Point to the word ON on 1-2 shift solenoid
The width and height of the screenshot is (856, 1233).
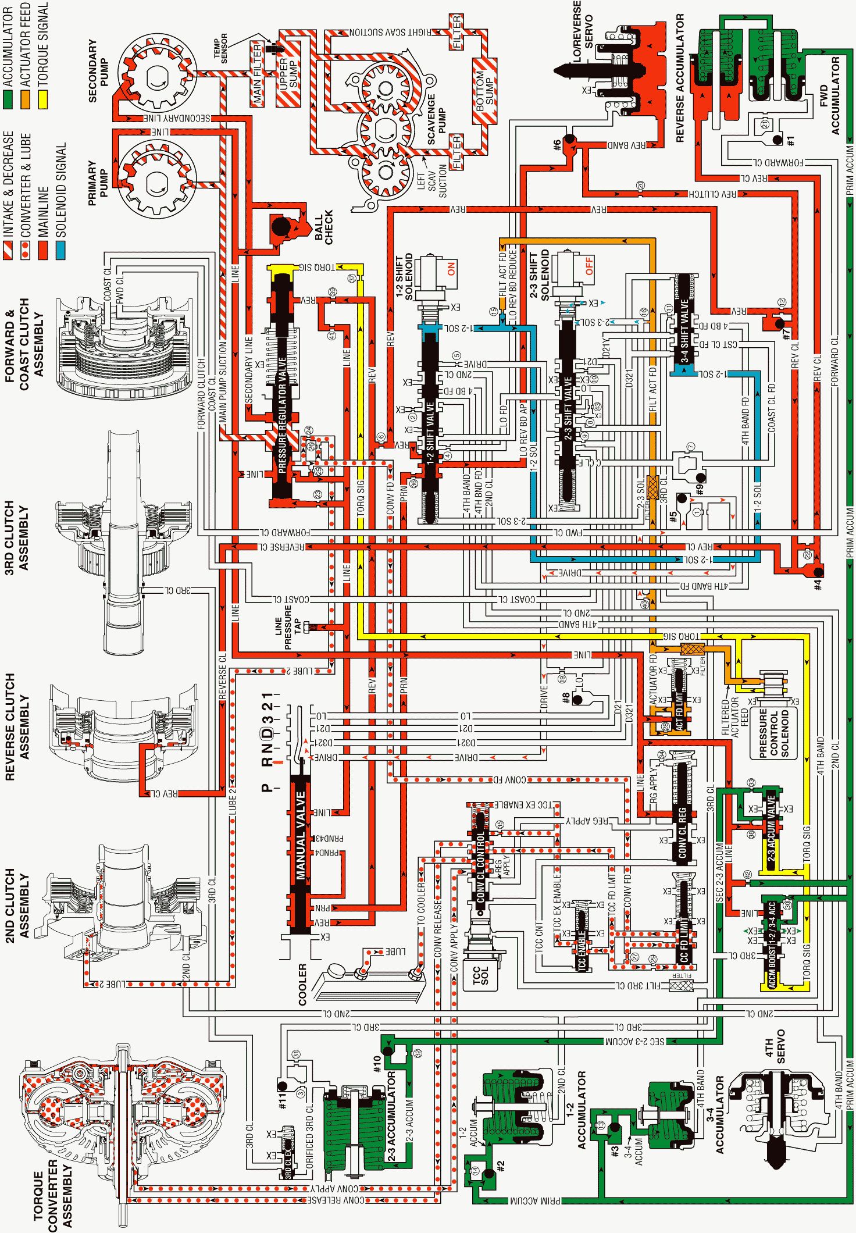coord(451,269)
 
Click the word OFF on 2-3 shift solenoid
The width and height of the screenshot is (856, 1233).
coord(588,266)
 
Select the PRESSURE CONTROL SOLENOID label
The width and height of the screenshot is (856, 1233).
coord(773,732)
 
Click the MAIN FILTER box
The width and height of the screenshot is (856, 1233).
coord(258,74)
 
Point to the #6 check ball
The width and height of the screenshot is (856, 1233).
coord(569,140)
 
